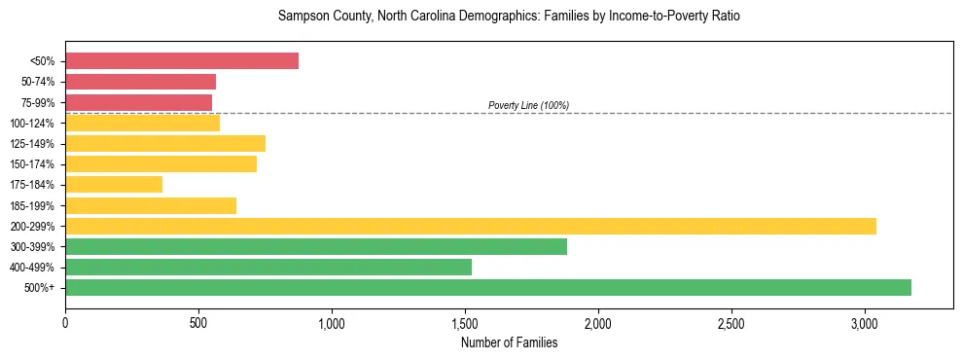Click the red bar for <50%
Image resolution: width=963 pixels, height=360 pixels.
(182, 60)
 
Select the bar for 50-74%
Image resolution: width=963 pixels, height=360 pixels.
(140, 82)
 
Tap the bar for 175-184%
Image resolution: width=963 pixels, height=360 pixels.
(114, 185)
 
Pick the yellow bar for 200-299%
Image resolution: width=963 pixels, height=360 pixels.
(471, 226)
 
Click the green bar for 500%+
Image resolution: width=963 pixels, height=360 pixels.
(488, 287)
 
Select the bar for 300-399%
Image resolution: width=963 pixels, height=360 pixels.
(316, 247)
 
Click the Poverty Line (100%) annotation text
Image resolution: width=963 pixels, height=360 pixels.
(528, 105)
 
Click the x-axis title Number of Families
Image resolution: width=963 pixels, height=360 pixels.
(509, 342)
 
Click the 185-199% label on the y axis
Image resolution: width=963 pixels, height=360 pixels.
(32, 205)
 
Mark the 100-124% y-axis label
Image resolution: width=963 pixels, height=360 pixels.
(32, 124)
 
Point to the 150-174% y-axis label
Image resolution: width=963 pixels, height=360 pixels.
(32, 164)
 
